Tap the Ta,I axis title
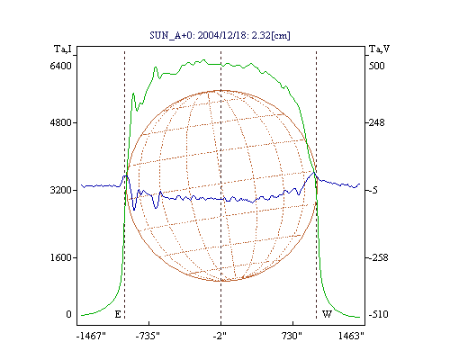click(x=63, y=49)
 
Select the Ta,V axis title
click(x=379, y=49)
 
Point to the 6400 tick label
click(x=61, y=66)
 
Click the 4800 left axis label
click(x=61, y=122)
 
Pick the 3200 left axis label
click(x=61, y=190)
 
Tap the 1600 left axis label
click(x=61, y=257)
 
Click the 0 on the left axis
click(x=68, y=314)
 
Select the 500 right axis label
click(x=376, y=66)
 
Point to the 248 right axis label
click(x=376, y=122)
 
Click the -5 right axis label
click(x=373, y=190)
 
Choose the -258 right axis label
click(x=378, y=257)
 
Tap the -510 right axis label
click(x=378, y=314)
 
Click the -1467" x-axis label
click(x=91, y=336)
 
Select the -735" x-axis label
click(x=148, y=336)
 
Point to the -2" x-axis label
click(x=220, y=336)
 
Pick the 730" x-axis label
click(x=292, y=336)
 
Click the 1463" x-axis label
click(x=351, y=336)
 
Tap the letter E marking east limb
click(x=118, y=314)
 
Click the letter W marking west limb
click(x=327, y=314)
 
